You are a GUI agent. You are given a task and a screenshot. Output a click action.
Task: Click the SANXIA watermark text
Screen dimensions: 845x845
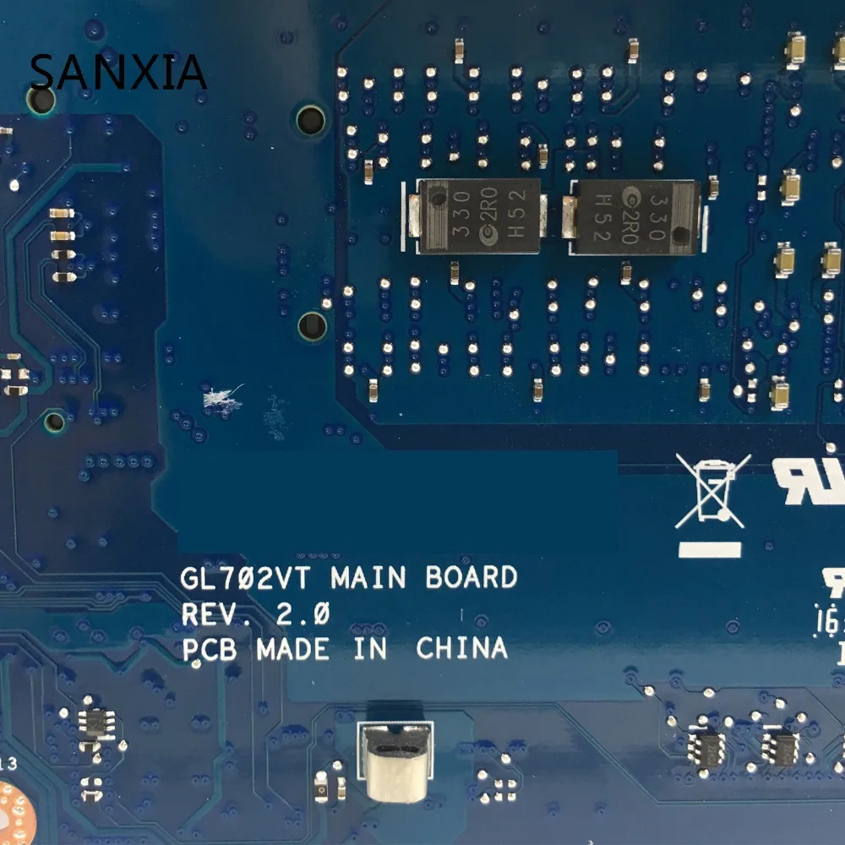[x=117, y=71]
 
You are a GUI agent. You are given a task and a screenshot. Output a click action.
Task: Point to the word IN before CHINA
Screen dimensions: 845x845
[x=370, y=649]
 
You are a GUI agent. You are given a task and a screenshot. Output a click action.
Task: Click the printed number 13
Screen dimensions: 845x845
[x=8, y=764]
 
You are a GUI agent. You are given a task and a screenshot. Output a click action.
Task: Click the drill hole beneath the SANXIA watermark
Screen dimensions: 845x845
[x=40, y=101]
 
